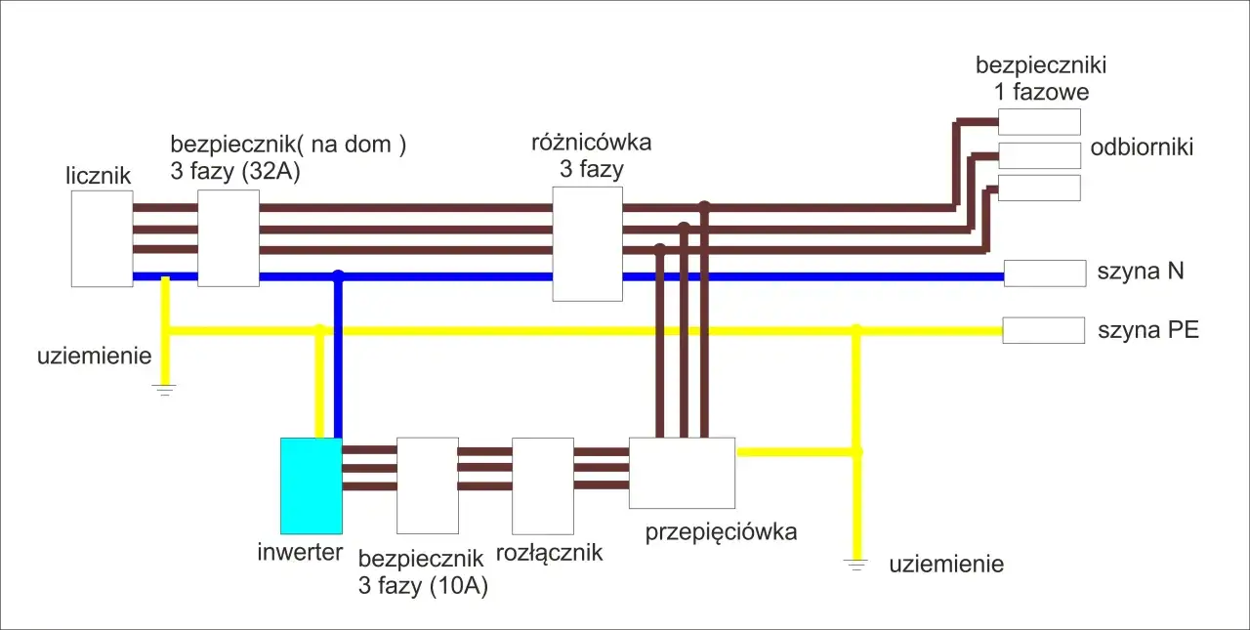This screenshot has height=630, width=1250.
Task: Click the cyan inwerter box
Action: point(311,484)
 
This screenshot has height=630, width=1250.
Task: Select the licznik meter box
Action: point(102,238)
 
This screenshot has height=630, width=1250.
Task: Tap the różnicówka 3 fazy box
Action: point(587,243)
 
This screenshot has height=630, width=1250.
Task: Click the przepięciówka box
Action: point(682,473)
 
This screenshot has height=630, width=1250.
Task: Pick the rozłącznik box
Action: point(542,485)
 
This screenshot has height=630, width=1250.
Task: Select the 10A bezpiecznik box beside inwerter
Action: point(427,485)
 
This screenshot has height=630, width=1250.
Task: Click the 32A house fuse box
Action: point(229,237)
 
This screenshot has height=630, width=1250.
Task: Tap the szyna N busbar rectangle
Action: point(1045,273)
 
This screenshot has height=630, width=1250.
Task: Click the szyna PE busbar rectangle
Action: point(1043,330)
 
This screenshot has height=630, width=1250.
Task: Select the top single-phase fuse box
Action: point(1039,121)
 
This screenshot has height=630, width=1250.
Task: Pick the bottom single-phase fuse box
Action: point(1039,188)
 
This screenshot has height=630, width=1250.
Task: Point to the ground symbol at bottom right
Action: point(856,565)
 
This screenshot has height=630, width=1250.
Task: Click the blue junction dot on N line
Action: point(338,276)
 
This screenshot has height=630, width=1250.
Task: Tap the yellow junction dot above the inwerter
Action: point(318,330)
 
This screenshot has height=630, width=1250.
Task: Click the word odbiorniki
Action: point(1142,147)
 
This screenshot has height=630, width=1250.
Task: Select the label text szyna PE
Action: point(1147,330)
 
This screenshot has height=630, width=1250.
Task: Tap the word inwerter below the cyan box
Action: point(300,553)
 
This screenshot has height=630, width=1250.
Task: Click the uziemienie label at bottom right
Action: point(945,565)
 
